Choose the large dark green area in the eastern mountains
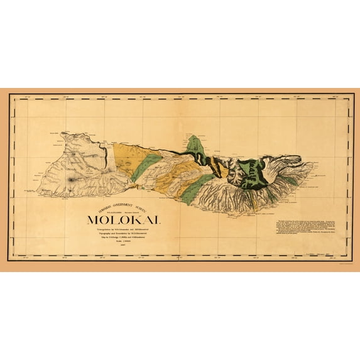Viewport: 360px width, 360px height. [256, 171]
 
